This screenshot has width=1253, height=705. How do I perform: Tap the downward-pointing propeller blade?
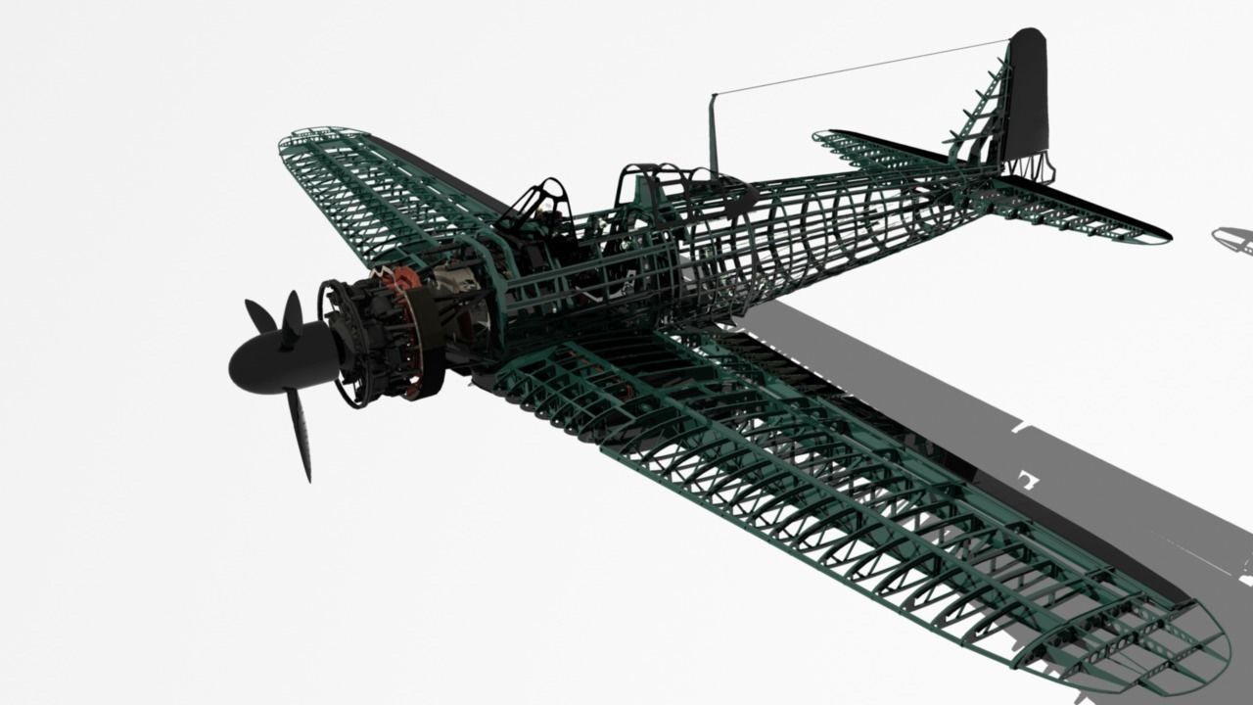pos(299,436)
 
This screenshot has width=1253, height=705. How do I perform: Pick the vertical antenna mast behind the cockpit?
pos(714,137)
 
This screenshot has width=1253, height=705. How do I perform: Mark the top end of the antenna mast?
pos(713,96)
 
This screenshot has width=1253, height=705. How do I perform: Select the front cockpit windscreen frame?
pos(538,201)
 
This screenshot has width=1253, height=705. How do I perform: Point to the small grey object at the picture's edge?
pos(1233,238)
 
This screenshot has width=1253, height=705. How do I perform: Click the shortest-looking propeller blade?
pos(259,315)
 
